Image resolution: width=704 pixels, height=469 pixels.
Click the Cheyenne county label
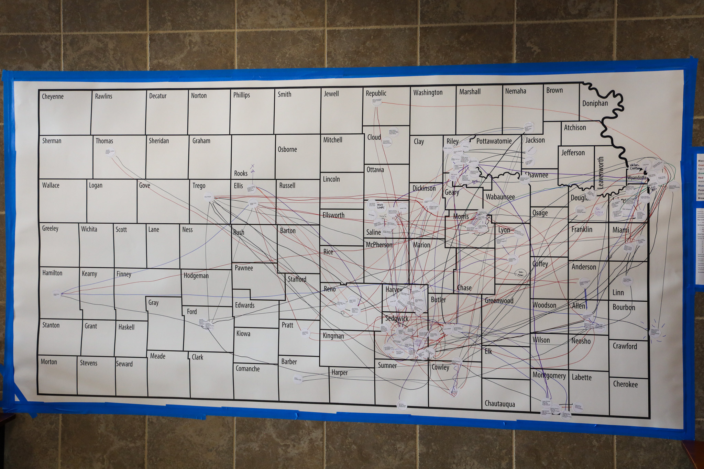click(x=53, y=97)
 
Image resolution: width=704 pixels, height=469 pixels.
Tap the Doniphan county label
click(x=595, y=103)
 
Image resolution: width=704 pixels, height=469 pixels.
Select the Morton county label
click(x=49, y=362)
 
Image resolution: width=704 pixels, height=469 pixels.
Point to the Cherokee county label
click(x=625, y=384)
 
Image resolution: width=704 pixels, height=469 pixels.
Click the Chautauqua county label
click(x=499, y=404)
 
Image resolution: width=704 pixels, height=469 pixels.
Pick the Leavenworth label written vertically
click(x=601, y=172)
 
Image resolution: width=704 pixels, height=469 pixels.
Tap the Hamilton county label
click(x=52, y=273)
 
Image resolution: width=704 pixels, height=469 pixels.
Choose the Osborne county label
click(x=287, y=149)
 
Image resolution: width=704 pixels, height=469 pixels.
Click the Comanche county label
click(x=247, y=369)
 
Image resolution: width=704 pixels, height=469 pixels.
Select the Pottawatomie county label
click(x=494, y=141)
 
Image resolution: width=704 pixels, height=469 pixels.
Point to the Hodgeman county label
click(x=196, y=276)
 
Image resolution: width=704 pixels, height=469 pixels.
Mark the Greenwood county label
click(x=499, y=301)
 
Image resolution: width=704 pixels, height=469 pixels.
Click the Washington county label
click(x=428, y=92)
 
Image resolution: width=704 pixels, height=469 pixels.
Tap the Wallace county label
click(x=51, y=186)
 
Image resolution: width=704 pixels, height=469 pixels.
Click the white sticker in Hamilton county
click(x=57, y=294)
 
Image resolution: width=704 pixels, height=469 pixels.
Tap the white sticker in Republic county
click(x=377, y=102)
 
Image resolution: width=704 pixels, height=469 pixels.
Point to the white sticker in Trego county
click(x=208, y=197)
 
